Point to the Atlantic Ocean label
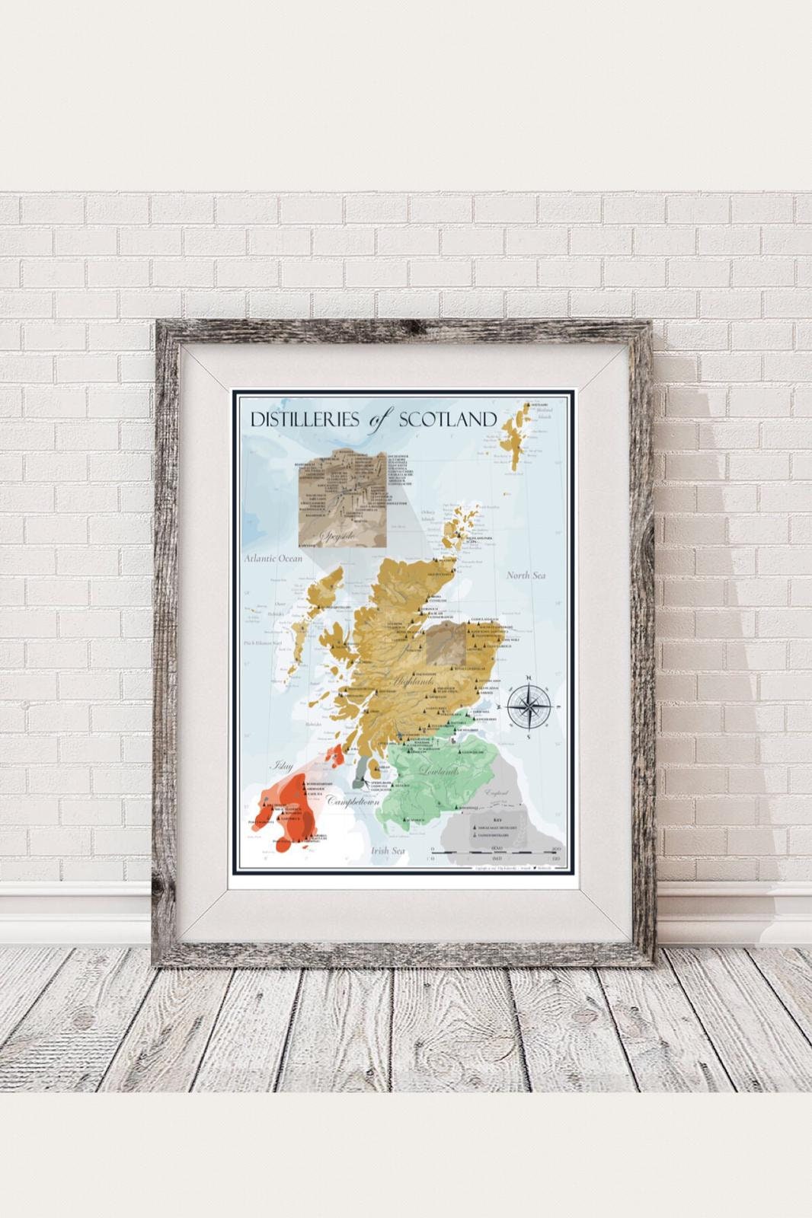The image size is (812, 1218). click(273, 558)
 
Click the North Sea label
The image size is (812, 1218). click(526, 576)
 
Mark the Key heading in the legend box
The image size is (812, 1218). click(497, 819)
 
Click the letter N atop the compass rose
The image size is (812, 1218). click(527, 675)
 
